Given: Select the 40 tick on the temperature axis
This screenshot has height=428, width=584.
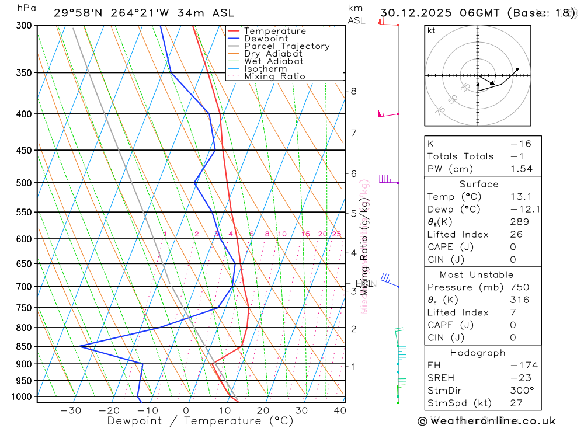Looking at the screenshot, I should coord(340,410).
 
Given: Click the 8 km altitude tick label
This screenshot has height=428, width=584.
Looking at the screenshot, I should coord(353,91).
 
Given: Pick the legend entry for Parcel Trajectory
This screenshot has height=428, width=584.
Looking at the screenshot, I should coord(287,46).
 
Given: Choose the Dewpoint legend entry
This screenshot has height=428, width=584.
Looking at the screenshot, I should coord(266,39).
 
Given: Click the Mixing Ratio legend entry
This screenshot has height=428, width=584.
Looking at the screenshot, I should coord(274,76).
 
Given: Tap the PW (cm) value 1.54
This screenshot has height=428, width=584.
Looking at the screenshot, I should coord(521,169).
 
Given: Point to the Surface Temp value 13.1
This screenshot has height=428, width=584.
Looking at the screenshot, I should coord(521,197).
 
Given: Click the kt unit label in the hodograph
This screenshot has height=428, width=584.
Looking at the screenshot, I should coord(432,30).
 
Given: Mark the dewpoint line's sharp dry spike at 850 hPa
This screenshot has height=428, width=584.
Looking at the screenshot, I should coord(79,346).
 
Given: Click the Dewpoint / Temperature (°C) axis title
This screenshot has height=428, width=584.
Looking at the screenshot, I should coord(200,421).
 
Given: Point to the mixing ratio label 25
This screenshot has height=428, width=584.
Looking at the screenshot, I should coord(336,234).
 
